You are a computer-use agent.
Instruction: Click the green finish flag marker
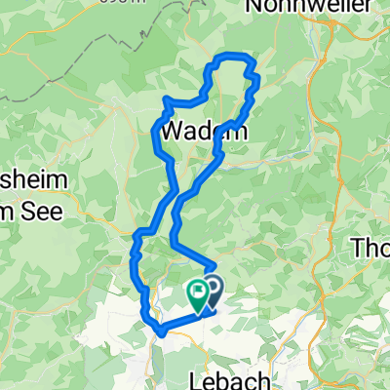(x=198, y=292)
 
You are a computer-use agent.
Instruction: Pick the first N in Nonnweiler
(x=255, y=6)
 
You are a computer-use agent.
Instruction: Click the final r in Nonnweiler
(x=370, y=6)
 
